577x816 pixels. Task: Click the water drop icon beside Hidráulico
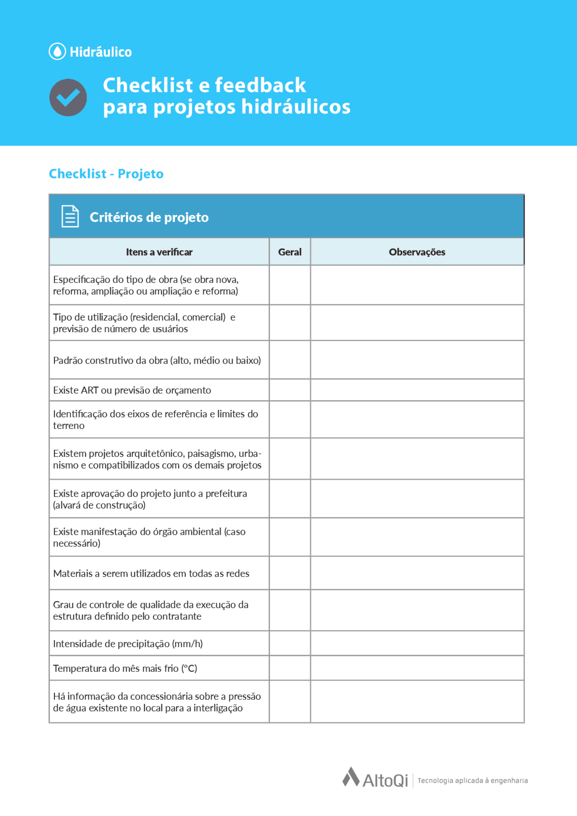point(57,51)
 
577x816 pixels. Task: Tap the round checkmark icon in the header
point(68,97)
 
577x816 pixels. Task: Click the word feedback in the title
point(260,85)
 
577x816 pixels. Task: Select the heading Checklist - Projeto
point(106,173)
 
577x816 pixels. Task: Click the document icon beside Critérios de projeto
point(70,216)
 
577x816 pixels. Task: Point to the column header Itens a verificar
point(159,252)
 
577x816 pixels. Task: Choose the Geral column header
point(289,252)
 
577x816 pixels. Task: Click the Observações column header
point(417,252)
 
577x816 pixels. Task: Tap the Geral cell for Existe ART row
point(289,390)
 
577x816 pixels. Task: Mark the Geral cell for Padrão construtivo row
point(289,360)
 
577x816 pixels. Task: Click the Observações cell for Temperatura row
point(417,668)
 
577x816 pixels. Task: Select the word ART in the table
point(89,390)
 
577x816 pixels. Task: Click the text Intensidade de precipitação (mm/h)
point(128,643)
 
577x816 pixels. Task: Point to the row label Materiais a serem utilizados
point(151,573)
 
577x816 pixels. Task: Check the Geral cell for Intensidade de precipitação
point(289,643)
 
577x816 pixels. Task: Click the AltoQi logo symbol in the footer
point(351,777)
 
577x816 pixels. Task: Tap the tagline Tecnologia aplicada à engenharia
point(472,780)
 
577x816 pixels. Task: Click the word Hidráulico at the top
point(101,52)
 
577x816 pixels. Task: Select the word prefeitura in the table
point(226,493)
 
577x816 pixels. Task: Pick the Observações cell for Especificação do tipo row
point(417,285)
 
